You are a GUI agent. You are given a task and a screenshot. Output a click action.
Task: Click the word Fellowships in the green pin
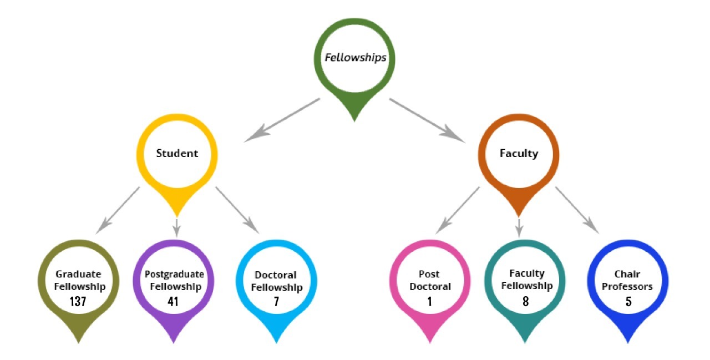click(x=355, y=58)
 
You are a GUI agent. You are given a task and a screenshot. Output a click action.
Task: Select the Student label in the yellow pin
click(x=177, y=153)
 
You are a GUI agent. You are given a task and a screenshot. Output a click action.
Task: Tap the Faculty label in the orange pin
click(x=519, y=153)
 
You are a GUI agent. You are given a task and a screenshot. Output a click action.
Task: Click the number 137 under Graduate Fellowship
click(x=80, y=302)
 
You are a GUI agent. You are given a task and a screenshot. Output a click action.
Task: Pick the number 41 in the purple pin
click(x=174, y=302)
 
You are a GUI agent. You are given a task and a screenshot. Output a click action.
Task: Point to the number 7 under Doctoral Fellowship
click(x=276, y=302)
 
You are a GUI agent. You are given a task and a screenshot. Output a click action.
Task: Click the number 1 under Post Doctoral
click(x=430, y=302)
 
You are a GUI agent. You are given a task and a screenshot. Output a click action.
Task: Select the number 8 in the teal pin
click(x=525, y=302)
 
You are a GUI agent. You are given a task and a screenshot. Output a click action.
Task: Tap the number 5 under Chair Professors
click(x=628, y=302)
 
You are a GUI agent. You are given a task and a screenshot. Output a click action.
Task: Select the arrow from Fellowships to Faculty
click(x=427, y=119)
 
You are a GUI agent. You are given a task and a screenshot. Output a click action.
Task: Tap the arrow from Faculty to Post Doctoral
click(x=458, y=209)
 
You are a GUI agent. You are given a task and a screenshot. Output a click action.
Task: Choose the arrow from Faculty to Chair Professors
click(x=577, y=209)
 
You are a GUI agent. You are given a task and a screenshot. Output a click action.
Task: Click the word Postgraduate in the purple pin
click(x=174, y=274)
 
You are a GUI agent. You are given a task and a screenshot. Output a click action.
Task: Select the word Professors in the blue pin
click(x=628, y=287)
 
